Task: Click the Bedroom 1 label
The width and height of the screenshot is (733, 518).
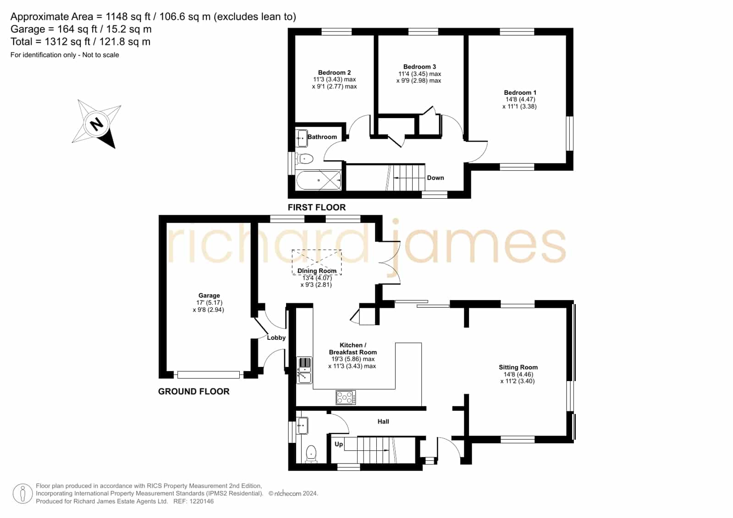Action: coord(520,93)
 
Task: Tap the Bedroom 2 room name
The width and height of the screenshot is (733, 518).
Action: coord(335,72)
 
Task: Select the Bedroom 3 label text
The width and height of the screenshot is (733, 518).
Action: coord(419,67)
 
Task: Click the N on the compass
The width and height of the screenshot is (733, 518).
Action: coord(97,124)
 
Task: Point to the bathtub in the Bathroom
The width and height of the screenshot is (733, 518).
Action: coord(319,180)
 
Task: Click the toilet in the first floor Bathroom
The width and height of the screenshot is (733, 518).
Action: coord(305,159)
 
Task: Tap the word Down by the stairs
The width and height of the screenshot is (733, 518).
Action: coord(435,178)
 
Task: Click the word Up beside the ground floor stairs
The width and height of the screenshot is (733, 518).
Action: coord(339,444)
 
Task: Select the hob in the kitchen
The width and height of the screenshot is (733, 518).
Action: coord(346,398)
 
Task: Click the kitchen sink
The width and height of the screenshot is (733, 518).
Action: coord(304,371)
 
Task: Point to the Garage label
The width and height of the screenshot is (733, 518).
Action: coord(209,295)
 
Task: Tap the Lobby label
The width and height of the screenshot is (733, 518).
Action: coord(276,338)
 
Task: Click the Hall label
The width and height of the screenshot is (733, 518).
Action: coord(383,422)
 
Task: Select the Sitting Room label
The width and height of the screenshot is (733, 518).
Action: coord(518,367)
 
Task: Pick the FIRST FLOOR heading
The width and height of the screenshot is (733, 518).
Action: coord(317,207)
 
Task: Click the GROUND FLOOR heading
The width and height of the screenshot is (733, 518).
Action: coord(194,392)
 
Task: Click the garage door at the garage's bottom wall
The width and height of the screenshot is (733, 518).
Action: coord(209,375)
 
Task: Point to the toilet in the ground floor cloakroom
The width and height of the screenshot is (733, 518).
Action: coord(311,454)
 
